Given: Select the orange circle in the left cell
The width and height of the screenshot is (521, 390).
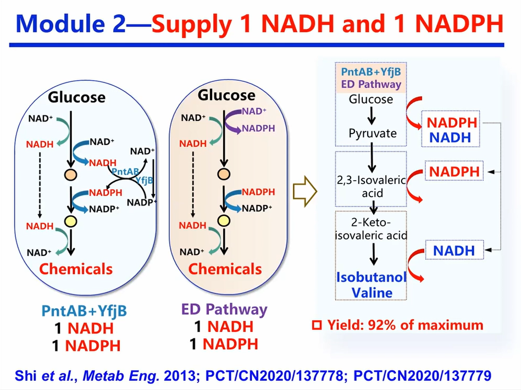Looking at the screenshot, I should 70,176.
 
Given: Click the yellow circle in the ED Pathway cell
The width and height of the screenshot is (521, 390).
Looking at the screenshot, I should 223,221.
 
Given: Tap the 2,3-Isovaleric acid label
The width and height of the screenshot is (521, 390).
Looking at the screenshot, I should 371,187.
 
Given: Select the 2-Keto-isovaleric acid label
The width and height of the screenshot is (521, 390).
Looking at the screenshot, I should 371,229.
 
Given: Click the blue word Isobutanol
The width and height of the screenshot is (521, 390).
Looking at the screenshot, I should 371,276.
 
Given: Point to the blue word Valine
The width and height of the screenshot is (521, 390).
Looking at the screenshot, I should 372,292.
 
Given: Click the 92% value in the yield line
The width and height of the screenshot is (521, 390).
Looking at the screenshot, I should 387,325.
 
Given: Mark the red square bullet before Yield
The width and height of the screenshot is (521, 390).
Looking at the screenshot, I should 316,325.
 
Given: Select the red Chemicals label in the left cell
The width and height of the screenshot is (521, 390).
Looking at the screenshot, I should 76,269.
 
